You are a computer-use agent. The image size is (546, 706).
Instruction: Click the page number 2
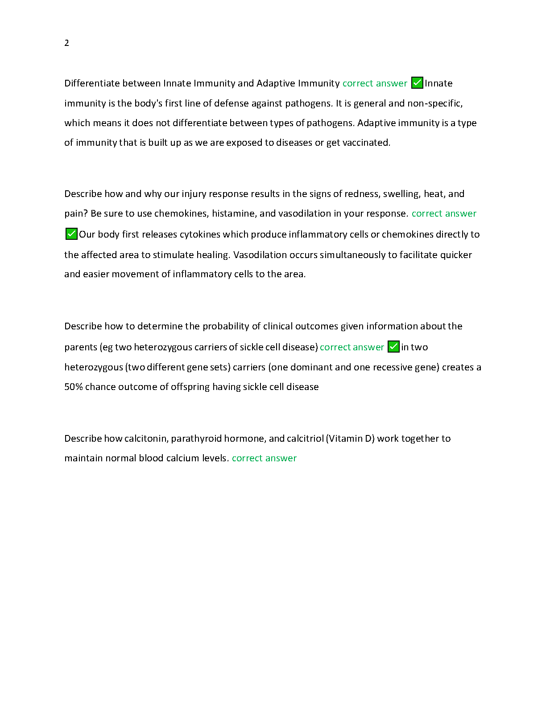click(67, 43)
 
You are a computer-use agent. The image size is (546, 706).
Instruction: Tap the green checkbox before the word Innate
click(417, 83)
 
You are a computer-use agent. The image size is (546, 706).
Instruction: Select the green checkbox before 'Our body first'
click(71, 234)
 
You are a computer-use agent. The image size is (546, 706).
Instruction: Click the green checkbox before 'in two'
click(393, 347)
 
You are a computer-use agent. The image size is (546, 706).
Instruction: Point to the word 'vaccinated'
click(366, 143)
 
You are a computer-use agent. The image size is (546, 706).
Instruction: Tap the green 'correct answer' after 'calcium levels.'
click(264, 458)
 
